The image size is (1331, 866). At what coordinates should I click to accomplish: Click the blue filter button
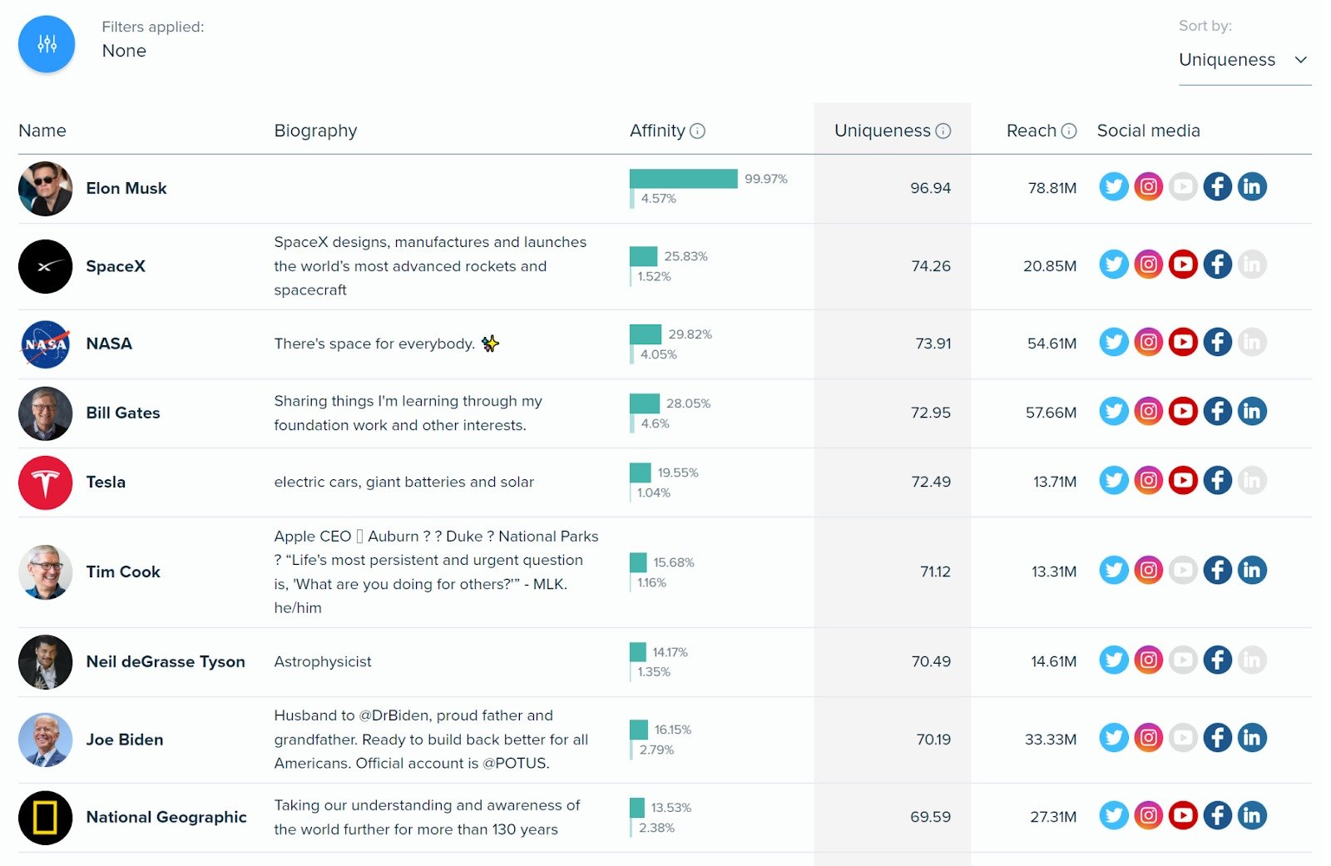point(47,44)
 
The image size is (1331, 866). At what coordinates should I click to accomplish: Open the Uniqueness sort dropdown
point(1244,60)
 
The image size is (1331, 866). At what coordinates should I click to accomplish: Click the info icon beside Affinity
point(697,131)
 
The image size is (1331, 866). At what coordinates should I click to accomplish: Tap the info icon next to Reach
point(1069,131)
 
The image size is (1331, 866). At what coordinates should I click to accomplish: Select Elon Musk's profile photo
point(45,188)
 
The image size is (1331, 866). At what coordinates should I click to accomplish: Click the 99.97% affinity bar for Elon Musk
point(683,179)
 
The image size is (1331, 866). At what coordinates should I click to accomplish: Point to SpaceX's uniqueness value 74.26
point(930,266)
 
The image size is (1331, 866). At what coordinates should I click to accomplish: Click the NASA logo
point(45,344)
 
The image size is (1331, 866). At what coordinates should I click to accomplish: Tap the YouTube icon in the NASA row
point(1182,342)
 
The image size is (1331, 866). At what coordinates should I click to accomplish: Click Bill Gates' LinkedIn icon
point(1251,411)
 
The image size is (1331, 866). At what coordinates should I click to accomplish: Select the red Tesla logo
point(45,482)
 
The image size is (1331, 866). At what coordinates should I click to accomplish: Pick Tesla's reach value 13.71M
point(1054,482)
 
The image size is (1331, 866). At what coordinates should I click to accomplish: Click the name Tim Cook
point(123,572)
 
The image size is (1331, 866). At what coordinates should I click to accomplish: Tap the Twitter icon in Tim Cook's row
point(1113,570)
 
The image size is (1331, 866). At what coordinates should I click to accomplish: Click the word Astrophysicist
point(323,661)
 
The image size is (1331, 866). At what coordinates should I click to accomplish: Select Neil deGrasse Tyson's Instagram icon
point(1148,660)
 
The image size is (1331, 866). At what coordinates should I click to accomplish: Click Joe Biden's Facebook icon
point(1217,738)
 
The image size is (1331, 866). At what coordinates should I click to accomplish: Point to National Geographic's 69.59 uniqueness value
point(930,817)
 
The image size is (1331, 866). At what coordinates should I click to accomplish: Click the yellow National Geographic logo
point(45,818)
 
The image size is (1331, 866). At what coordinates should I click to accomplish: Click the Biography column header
point(315,131)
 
